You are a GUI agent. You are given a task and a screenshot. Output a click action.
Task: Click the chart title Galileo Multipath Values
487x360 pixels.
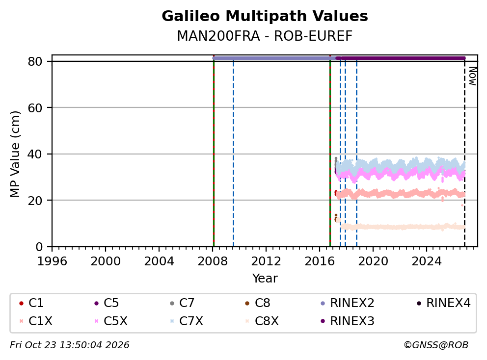point(265,16)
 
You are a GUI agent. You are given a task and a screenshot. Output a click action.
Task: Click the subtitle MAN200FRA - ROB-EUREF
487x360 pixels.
point(265,36)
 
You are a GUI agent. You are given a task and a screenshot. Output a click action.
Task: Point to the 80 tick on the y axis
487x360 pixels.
point(35,61)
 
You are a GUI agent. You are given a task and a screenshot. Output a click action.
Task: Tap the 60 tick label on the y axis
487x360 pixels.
point(35,108)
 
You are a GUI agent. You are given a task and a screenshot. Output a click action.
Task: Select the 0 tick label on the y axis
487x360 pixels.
point(39,247)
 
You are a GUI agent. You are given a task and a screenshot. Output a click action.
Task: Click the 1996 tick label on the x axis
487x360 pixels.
point(52,261)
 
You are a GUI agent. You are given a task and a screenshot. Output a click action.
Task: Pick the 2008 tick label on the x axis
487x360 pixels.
point(213,261)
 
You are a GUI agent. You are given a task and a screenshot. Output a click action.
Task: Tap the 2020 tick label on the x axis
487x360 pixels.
point(373,261)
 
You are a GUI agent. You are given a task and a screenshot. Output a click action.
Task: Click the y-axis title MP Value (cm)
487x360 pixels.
point(15,154)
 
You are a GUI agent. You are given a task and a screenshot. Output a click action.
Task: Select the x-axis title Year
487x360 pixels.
point(265,279)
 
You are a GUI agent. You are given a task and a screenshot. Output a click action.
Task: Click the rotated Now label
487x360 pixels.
point(472,76)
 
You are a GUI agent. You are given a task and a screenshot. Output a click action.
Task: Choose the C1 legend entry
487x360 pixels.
point(31,303)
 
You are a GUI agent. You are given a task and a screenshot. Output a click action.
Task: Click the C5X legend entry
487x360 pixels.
point(111,321)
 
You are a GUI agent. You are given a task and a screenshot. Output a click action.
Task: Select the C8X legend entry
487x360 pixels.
point(262,321)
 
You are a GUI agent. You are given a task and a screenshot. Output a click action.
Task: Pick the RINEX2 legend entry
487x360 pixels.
point(348,303)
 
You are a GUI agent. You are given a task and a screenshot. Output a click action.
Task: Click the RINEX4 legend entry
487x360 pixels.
point(444,303)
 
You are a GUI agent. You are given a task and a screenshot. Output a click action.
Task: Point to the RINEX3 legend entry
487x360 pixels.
point(348,321)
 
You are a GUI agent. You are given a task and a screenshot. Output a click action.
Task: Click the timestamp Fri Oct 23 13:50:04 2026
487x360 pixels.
point(70,345)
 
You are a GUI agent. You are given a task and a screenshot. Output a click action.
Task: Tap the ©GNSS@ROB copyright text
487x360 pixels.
point(436,345)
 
